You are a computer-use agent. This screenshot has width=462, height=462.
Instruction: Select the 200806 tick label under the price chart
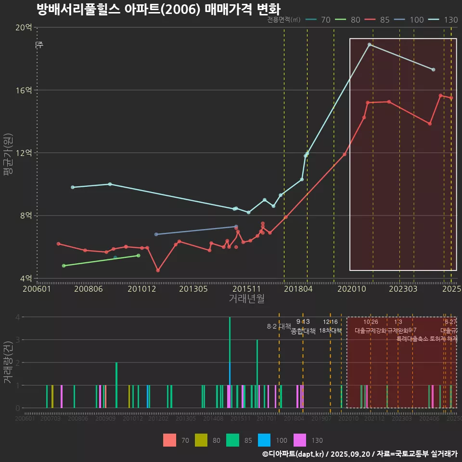click(x=87, y=289)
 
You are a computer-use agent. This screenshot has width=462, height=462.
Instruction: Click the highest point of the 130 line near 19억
click(x=369, y=45)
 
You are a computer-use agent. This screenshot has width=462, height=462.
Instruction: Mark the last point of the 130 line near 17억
click(x=434, y=70)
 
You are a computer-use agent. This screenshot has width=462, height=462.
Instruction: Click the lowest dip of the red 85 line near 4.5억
click(x=158, y=270)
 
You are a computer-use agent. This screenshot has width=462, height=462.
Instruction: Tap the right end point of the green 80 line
click(x=139, y=256)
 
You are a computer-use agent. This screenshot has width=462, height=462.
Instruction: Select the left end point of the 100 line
click(x=156, y=234)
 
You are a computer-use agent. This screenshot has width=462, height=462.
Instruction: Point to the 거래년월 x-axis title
click(x=246, y=299)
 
